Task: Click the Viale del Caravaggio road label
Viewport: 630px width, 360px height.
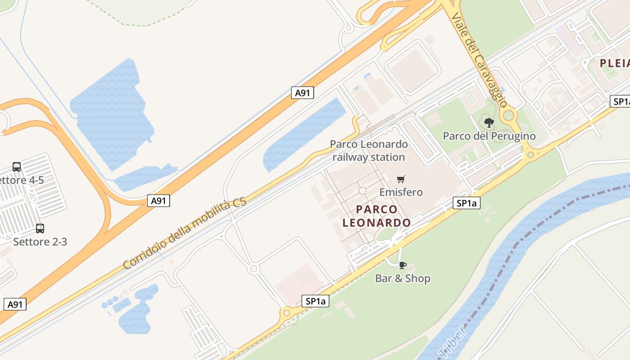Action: point(479,59)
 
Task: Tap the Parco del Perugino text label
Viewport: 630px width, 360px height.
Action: point(489,136)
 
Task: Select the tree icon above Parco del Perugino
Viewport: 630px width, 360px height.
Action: point(489,122)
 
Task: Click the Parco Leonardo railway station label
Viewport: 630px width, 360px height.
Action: point(369,151)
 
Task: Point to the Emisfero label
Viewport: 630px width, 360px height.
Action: point(401,192)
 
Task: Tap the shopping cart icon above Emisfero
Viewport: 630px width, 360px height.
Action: point(401,179)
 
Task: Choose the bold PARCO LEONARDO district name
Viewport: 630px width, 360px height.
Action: point(377,216)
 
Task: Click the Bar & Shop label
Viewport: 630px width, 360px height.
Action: point(403,279)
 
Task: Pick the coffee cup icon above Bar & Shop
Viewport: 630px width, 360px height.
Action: point(403,265)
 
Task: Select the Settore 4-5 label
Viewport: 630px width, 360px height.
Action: point(22,180)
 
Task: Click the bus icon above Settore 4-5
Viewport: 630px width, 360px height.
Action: point(17,167)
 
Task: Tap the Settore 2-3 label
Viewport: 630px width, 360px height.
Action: point(40,242)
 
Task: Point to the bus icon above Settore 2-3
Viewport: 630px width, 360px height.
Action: point(40,228)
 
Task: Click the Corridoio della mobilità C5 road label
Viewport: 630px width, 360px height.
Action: point(185,234)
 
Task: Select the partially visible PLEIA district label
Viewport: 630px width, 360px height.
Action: point(615,63)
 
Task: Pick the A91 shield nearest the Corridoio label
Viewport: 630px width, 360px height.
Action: point(158,201)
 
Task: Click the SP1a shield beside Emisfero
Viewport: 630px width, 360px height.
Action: point(466,203)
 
